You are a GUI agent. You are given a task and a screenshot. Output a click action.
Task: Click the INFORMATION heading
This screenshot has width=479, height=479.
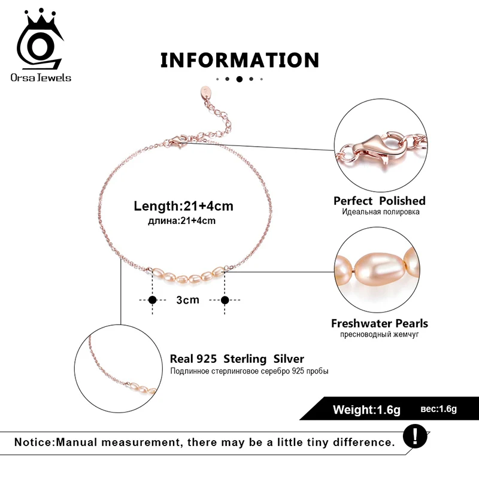239,60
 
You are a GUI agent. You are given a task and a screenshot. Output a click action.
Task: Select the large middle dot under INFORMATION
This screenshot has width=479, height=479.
239,79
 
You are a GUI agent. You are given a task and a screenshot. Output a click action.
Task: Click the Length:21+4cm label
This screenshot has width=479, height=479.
183,206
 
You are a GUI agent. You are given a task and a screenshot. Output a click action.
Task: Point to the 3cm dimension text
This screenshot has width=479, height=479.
187,299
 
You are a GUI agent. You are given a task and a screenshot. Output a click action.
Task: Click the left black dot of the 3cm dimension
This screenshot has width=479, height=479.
152,299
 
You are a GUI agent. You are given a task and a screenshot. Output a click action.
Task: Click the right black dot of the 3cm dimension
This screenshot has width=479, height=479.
225,299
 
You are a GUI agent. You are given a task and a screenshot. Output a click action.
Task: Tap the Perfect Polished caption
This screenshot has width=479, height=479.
380,201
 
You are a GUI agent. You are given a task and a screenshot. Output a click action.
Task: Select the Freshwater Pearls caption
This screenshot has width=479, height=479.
380,323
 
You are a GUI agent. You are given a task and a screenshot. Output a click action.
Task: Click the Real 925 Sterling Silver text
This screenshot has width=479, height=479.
237,359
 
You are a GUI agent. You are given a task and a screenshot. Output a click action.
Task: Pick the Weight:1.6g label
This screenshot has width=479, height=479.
366,410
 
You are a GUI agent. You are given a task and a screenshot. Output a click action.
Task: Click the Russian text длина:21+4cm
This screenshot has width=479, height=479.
181,221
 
